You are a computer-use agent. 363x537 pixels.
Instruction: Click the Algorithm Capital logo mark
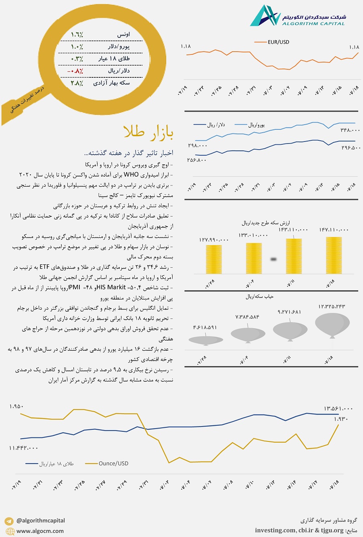click(x=265, y=16)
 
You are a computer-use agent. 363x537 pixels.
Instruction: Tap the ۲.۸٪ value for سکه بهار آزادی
click(x=77, y=83)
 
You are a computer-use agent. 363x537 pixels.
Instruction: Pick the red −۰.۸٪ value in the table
click(x=75, y=71)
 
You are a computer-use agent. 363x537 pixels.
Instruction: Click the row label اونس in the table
click(x=123, y=35)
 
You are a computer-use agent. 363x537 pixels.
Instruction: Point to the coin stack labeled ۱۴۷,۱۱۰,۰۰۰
click(x=334, y=255)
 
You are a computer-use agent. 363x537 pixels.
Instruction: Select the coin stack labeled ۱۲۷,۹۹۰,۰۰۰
click(x=214, y=259)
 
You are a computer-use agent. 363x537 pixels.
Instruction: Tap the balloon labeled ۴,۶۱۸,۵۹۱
click(x=206, y=340)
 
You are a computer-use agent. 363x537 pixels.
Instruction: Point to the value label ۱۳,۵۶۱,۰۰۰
click(x=338, y=408)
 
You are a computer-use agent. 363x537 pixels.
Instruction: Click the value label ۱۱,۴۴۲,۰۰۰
click(x=24, y=448)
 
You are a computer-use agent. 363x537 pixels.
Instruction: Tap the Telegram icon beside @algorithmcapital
click(x=9, y=521)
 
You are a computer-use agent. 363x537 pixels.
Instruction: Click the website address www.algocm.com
click(x=40, y=531)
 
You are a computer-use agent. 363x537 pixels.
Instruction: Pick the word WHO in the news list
click(x=131, y=175)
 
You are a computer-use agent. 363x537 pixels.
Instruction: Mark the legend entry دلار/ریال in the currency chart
click(x=216, y=125)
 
